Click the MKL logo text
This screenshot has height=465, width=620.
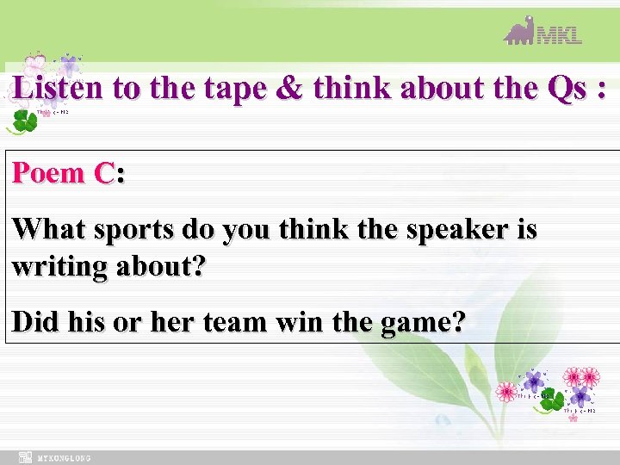tap(560, 34)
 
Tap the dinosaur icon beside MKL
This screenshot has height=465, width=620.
tap(519, 31)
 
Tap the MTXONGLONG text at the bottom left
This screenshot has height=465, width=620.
tap(65, 458)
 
